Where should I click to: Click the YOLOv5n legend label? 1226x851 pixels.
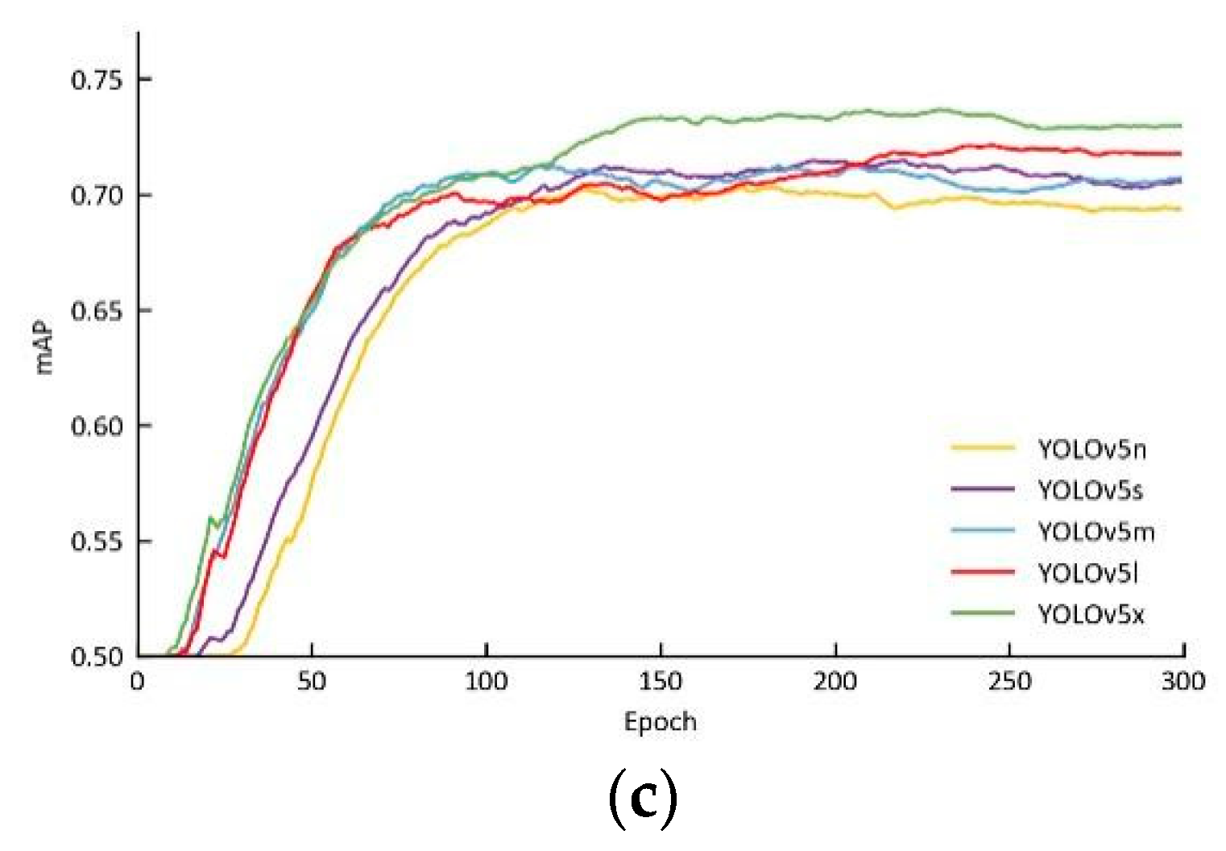[x=1091, y=449]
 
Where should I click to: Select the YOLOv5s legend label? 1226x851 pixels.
[x=1090, y=490]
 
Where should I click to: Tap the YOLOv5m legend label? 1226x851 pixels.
[x=1096, y=532]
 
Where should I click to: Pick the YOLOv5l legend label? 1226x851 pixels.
[x=1087, y=573]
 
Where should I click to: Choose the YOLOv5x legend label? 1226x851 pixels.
[x=1091, y=615]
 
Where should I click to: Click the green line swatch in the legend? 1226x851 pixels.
[x=982, y=613]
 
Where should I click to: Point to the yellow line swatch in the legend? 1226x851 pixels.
[x=982, y=446]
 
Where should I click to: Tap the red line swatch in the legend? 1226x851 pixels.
[x=982, y=571]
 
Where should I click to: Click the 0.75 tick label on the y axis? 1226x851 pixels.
[x=97, y=81]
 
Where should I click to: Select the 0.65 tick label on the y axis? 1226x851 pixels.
[x=97, y=311]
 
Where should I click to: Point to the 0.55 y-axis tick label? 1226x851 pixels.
[x=97, y=542]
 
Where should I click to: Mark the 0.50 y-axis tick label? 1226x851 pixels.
[x=97, y=657]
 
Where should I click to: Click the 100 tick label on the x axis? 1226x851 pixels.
[x=487, y=682]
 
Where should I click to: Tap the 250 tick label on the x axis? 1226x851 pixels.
[x=1009, y=682]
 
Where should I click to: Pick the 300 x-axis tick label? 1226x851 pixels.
[x=1183, y=682]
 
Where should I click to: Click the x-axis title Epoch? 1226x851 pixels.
[x=660, y=721]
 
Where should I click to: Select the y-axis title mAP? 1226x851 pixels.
[x=43, y=349]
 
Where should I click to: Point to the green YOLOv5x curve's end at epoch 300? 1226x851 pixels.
[x=1181, y=126]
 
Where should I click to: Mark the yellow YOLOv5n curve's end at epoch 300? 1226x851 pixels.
[x=1181, y=209]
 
